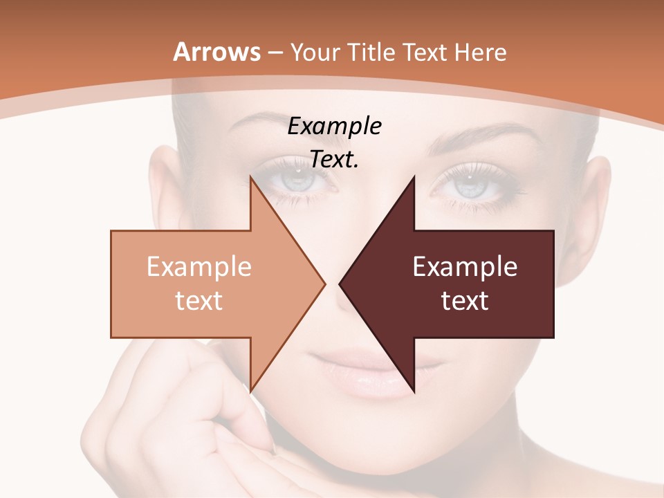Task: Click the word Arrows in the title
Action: tap(217, 52)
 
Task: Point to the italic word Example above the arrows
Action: tap(335, 127)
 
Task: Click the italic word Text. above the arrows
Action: tap(335, 160)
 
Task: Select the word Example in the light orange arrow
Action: tap(199, 267)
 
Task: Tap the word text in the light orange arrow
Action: tap(199, 300)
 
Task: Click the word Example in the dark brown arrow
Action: tap(465, 267)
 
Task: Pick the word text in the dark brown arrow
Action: tap(465, 300)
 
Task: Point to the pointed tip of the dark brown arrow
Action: tap(341, 284)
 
